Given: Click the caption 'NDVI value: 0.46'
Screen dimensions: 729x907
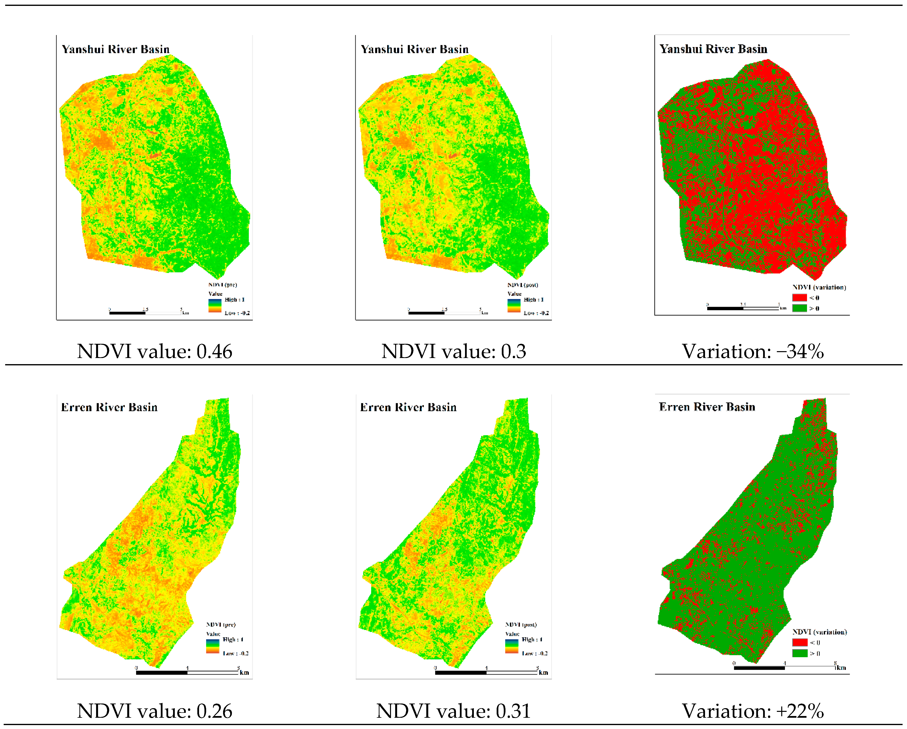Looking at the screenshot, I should [x=154, y=351].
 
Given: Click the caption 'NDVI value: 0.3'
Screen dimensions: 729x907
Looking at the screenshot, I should [x=453, y=351].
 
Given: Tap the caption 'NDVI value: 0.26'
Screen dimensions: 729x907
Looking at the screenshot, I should [x=154, y=711].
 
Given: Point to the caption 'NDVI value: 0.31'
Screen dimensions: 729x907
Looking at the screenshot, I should [x=453, y=711].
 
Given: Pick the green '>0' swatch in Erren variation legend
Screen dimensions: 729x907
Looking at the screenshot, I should [x=800, y=653].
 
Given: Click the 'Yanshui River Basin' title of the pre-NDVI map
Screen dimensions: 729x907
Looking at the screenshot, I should [x=116, y=49].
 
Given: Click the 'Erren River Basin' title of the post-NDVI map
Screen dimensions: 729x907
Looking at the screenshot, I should [x=408, y=407].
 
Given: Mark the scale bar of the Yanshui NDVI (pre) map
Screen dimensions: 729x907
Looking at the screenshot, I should [x=145, y=312].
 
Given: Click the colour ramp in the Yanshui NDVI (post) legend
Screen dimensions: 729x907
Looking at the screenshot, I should [x=514, y=306].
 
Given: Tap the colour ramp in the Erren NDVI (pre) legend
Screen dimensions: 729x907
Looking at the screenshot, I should [x=213, y=646].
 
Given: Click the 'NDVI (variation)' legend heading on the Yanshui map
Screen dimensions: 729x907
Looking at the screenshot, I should [x=819, y=287].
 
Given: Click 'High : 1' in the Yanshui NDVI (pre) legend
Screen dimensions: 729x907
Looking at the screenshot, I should [x=234, y=299].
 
